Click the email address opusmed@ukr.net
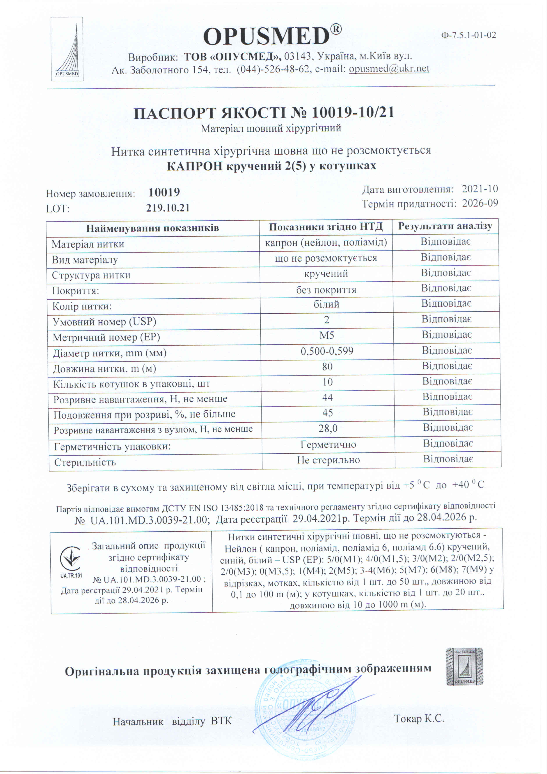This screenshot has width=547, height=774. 389,69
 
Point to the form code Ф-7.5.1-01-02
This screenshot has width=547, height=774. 469,35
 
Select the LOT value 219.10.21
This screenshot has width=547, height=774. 168,208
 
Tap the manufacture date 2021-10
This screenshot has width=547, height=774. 480,189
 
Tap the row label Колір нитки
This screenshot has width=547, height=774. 82,306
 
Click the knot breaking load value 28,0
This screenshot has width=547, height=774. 328,429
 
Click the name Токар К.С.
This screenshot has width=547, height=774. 419,719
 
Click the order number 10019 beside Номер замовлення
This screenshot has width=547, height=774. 164,193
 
